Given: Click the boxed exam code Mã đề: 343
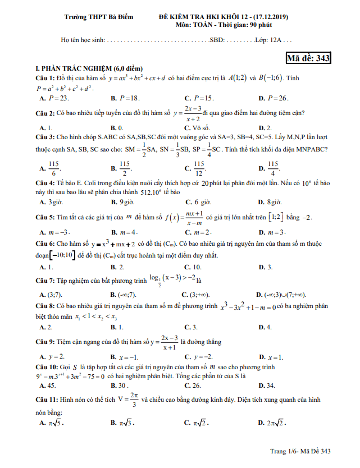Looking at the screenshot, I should (x=308, y=57).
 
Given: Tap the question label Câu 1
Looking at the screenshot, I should (x=45, y=77).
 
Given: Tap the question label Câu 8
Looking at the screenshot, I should (x=45, y=306).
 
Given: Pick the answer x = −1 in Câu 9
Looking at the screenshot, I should (x=128, y=357).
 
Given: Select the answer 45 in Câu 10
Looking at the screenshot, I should (x=51, y=386).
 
